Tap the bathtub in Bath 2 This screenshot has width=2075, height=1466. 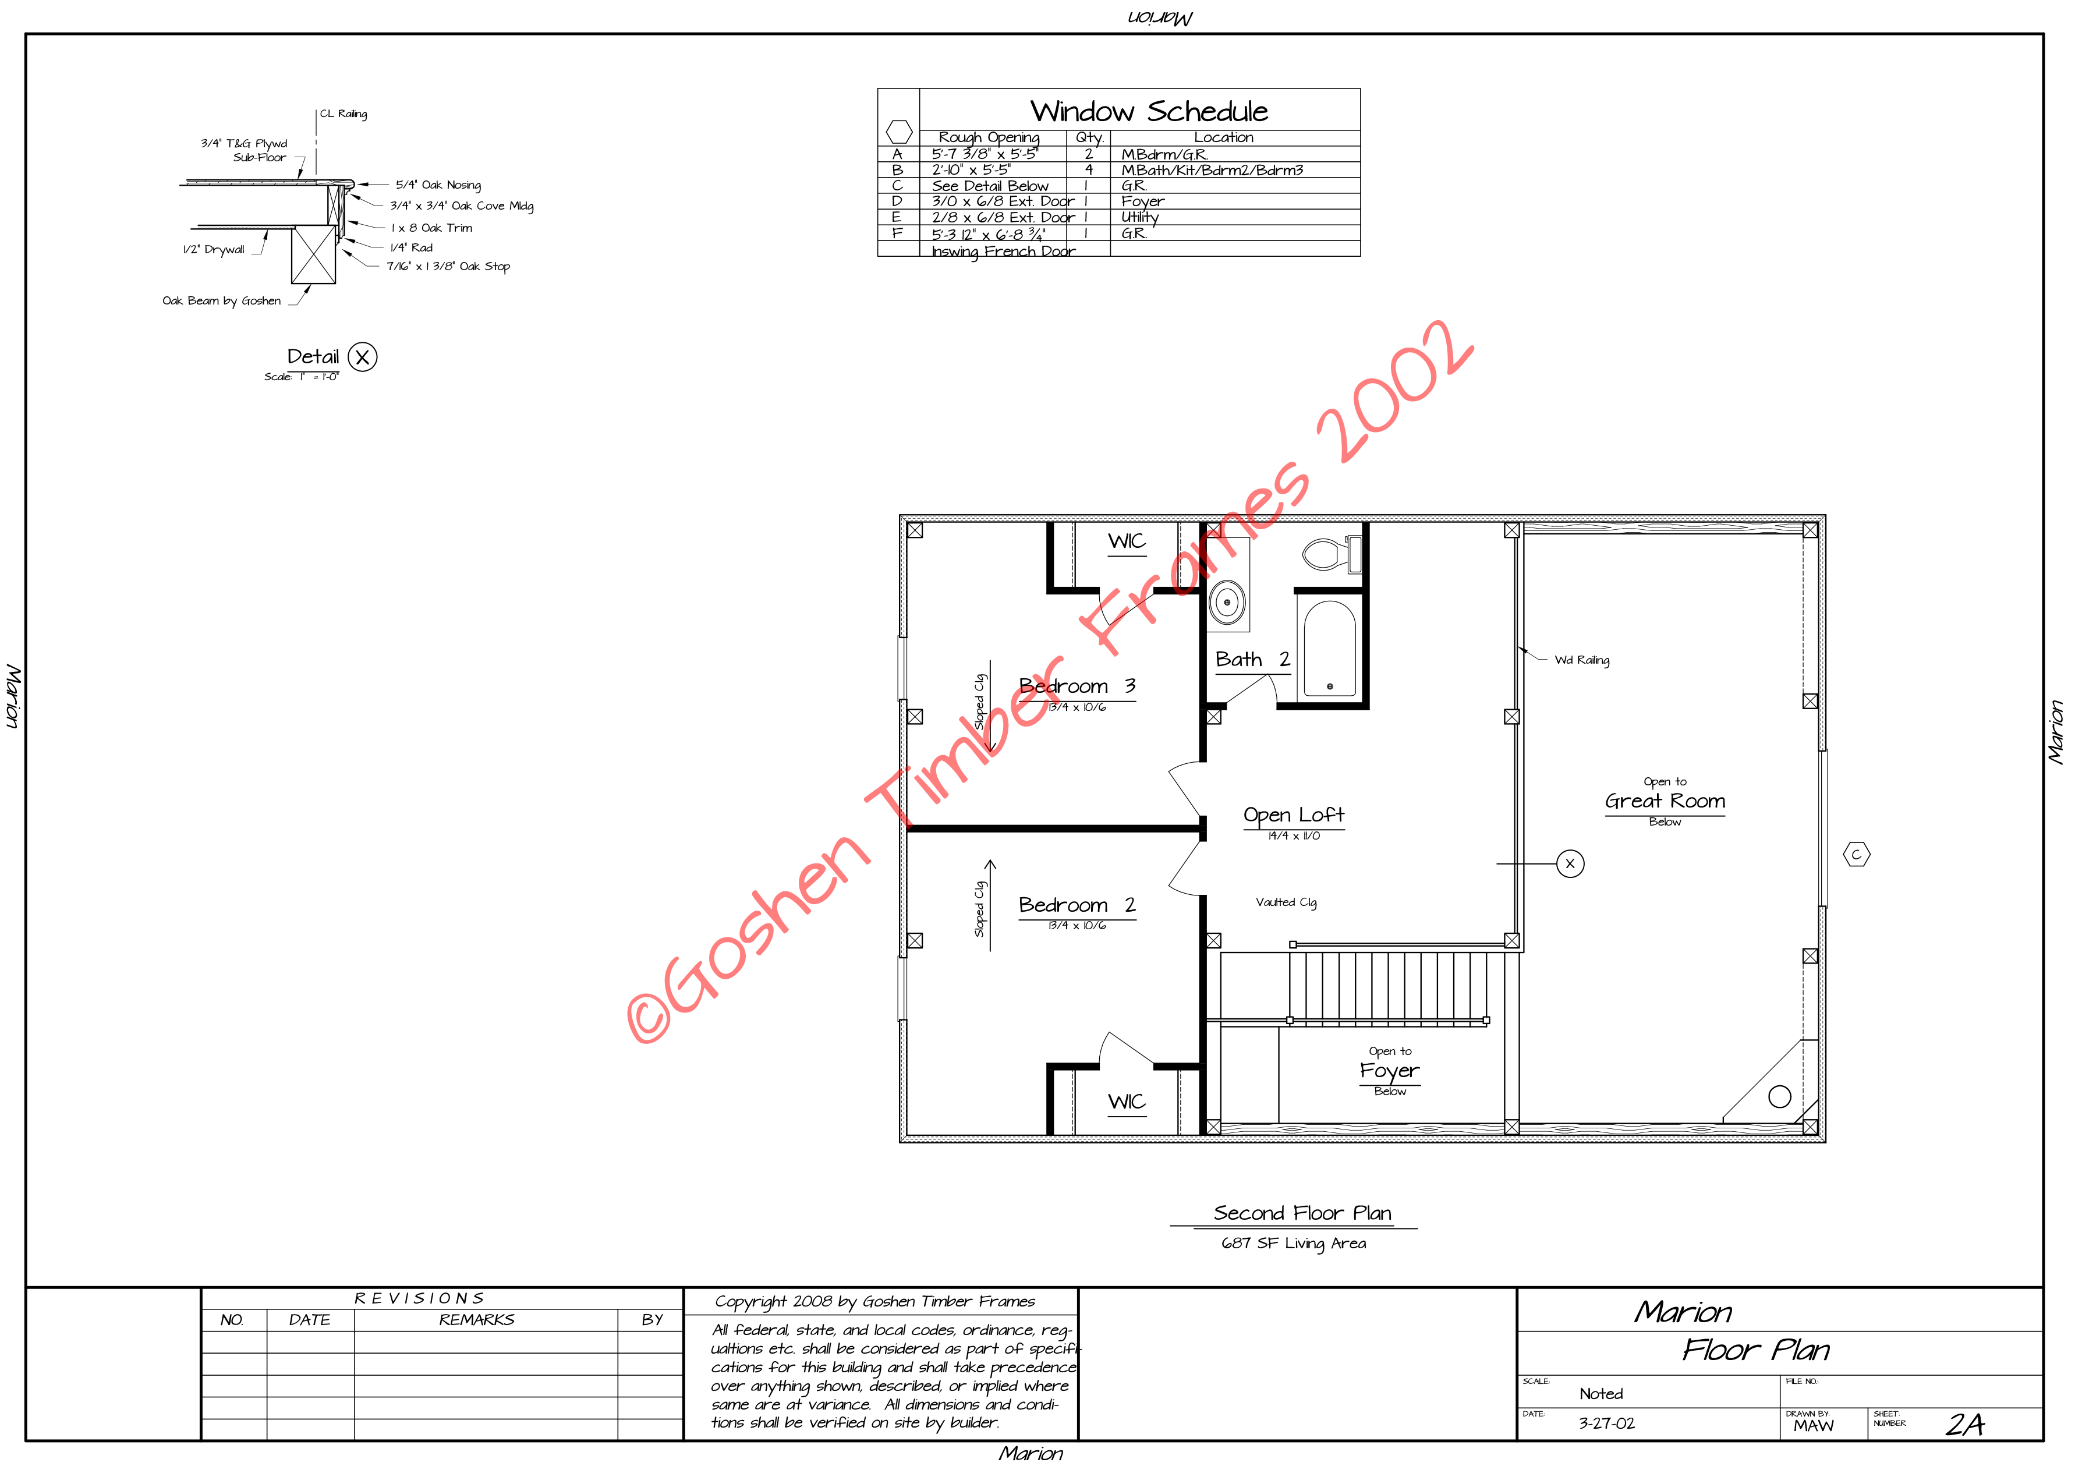pos(1329,648)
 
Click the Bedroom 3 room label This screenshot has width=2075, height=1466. pos(1077,686)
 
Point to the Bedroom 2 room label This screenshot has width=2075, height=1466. pos(1077,905)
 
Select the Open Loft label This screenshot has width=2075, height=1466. pos(1293,815)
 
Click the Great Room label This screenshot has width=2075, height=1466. pos(1665,801)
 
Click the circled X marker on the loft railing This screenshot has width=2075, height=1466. pos(1570,864)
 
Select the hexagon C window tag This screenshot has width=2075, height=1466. pos(1856,854)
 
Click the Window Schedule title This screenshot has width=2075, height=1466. pos(1149,111)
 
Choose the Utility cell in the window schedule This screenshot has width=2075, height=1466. pos(1139,217)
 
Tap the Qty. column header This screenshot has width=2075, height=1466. pos(1090,137)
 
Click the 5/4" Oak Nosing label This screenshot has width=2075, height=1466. pos(438,185)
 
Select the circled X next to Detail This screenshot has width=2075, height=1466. pos(362,357)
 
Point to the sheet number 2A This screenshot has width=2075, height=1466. pos(1965,1425)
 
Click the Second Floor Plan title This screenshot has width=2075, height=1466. pos(1302,1213)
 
